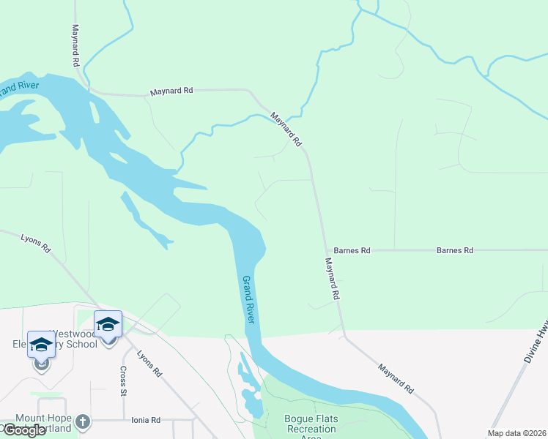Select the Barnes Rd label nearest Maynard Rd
pos(352,250)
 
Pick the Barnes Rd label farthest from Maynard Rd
pos(454,250)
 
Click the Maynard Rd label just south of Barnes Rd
pos(333,279)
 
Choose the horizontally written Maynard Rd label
pos(171,91)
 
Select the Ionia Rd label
pos(146,420)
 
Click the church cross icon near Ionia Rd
pos(82,421)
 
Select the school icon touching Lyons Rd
pos(108,324)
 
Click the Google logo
pos(24,430)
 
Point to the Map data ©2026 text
pos(516,433)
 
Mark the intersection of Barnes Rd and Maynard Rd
pos(325,250)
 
